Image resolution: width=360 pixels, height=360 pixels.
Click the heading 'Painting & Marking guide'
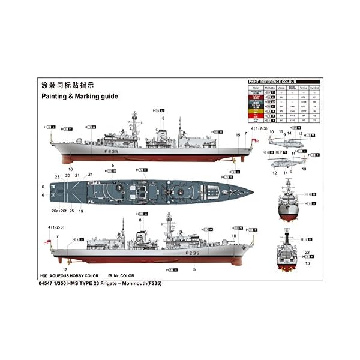coord(79,96)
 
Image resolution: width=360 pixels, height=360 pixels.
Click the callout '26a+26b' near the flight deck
coord(58,211)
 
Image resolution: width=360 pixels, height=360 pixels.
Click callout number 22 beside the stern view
coord(307,252)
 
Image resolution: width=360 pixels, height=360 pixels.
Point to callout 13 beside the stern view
coord(307,263)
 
